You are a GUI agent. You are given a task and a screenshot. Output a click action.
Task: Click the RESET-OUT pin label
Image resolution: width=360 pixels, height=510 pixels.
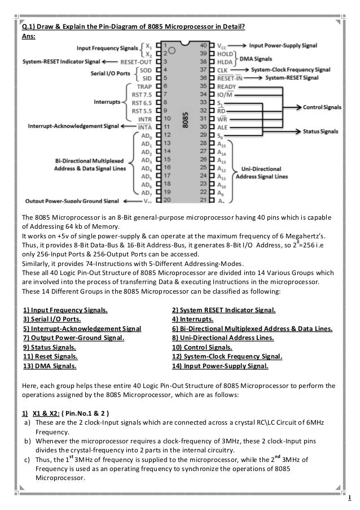135,60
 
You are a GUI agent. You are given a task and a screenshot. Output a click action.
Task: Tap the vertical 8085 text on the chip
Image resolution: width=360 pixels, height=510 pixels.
185,121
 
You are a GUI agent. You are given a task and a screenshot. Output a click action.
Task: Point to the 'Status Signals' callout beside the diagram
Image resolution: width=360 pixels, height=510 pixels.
319,131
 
